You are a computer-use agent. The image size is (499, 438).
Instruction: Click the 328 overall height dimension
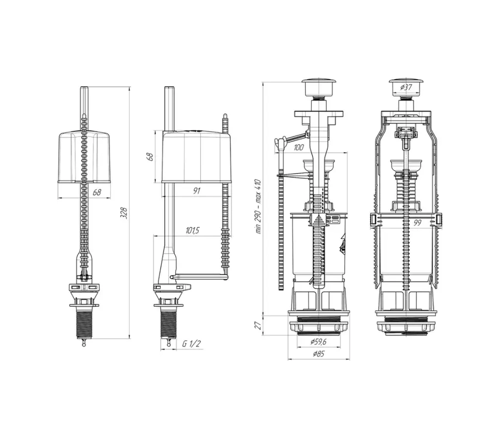124,213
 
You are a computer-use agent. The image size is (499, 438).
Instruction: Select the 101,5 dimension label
192,231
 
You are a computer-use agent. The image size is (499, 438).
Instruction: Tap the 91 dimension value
197,192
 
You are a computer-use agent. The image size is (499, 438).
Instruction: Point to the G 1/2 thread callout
191,344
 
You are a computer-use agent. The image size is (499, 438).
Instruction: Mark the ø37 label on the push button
406,87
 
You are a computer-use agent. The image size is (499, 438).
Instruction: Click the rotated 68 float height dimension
150,156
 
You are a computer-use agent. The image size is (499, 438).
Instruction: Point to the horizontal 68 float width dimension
96,193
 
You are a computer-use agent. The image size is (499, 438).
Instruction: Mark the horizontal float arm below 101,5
199,277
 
